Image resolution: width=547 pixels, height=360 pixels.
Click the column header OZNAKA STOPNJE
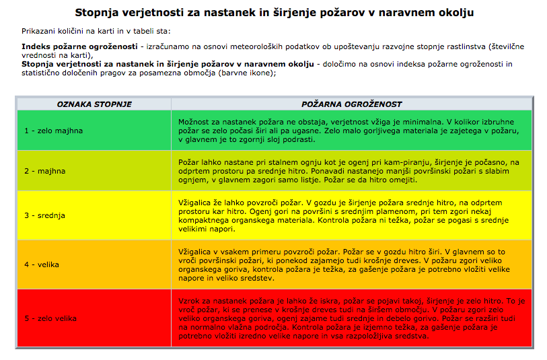click(x=94, y=104)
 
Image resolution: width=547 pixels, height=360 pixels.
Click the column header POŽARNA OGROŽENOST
click(x=351, y=104)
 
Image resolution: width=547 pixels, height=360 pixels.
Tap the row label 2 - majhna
click(x=45, y=171)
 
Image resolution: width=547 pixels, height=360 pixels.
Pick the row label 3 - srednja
click(x=45, y=215)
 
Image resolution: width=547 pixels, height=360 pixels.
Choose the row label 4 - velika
click(x=42, y=264)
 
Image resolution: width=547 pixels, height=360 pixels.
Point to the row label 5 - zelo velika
click(x=52, y=318)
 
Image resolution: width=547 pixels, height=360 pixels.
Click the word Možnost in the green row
click(x=194, y=121)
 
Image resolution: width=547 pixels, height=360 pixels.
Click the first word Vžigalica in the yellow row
click(x=196, y=202)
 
